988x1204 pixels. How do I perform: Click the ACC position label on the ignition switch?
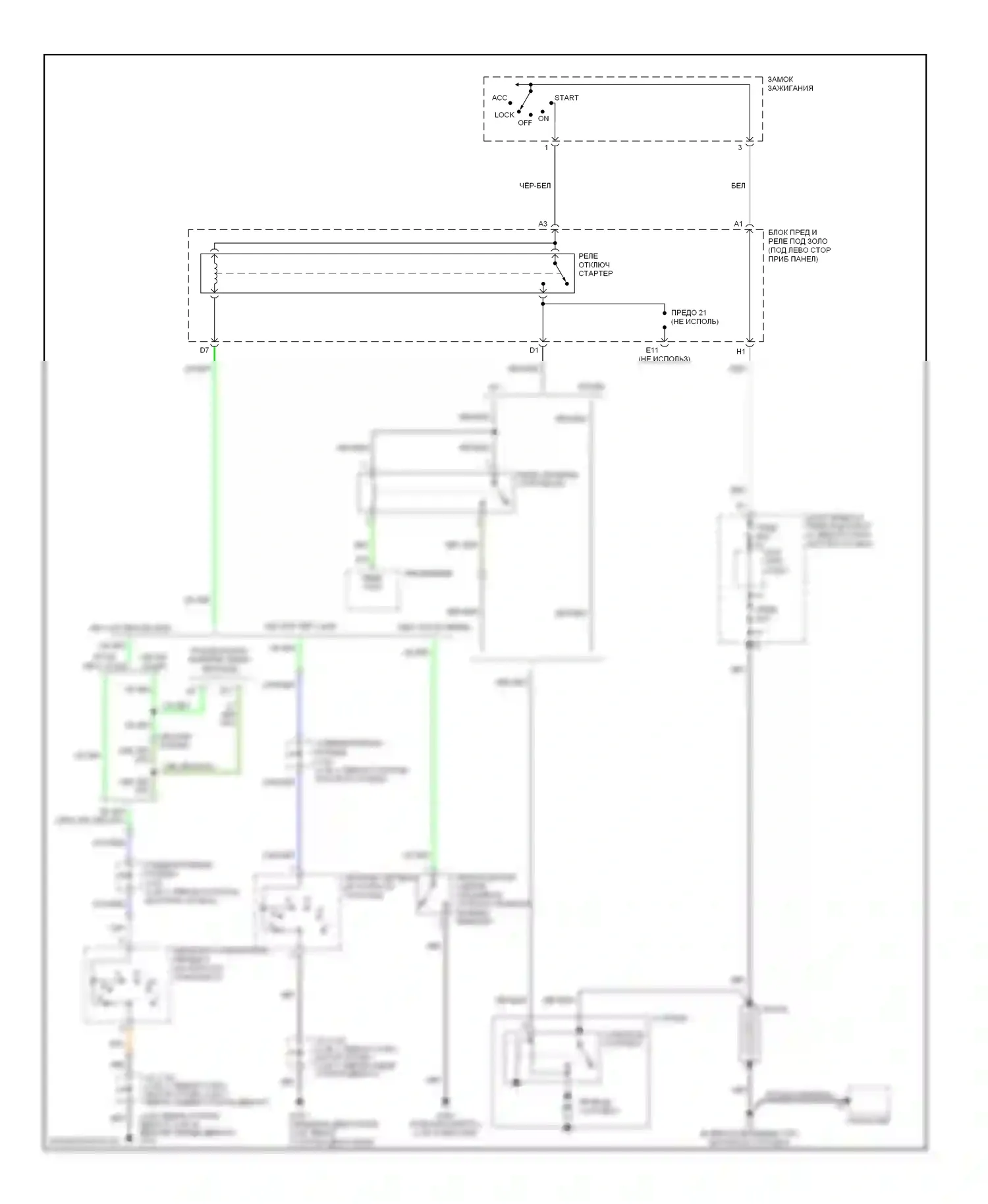pos(499,98)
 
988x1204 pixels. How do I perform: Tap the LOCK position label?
pos(504,115)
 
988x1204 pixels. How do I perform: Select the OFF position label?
pos(524,123)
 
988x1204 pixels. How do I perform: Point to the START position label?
pos(566,98)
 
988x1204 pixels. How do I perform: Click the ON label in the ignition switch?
pos(543,119)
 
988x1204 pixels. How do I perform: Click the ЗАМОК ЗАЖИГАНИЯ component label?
pos(790,84)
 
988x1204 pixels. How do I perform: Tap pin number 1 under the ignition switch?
pos(546,148)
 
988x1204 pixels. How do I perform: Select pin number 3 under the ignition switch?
pos(740,148)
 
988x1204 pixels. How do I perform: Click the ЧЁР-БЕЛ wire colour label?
pos(535,186)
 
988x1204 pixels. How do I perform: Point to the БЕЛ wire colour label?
pos(738,186)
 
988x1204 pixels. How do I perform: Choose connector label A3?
pos(543,225)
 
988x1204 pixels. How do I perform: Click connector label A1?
pos(738,225)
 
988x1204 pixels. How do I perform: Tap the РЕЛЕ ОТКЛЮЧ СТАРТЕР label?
pos(595,265)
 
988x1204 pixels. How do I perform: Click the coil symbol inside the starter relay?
pos(215,273)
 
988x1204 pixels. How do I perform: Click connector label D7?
pos(204,351)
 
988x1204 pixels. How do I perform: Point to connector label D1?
pos(534,351)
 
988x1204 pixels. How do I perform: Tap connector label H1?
pos(740,352)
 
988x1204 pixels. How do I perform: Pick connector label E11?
pos(651,350)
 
